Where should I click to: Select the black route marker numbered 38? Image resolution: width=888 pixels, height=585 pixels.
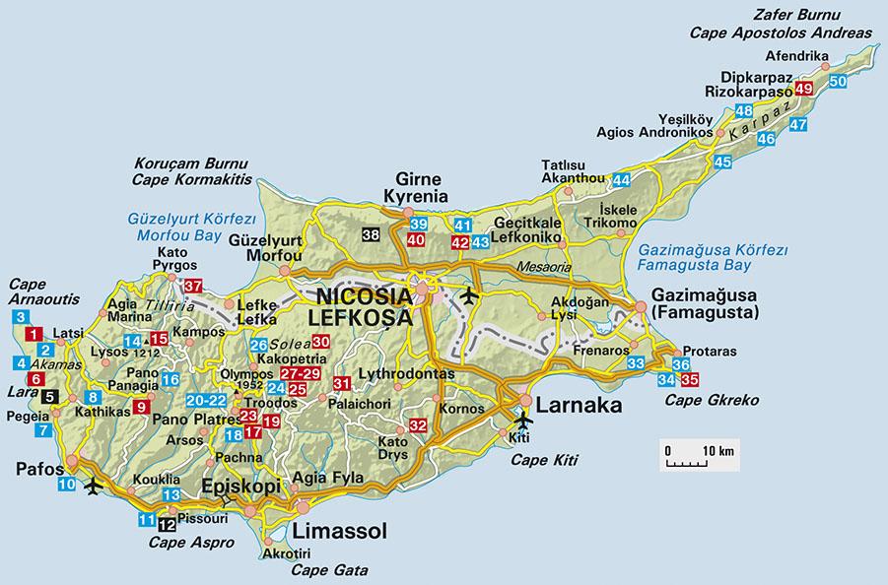tap(371, 234)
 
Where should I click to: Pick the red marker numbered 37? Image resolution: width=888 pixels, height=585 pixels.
tap(193, 287)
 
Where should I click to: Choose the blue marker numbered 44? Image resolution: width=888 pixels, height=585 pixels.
tap(621, 180)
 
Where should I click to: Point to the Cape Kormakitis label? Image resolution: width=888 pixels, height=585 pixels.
tap(192, 179)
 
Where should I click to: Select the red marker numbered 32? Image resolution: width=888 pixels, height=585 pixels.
tap(417, 425)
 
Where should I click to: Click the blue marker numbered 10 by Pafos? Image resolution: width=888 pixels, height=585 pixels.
tap(66, 484)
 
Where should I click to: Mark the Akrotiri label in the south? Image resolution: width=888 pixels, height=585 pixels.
tap(282, 554)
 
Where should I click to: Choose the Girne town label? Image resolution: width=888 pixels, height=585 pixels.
tap(415, 179)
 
